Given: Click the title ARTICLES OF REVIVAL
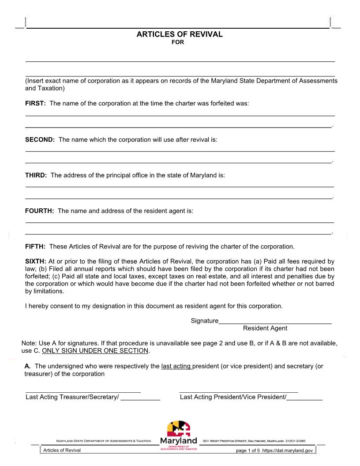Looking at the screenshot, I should [x=180, y=34].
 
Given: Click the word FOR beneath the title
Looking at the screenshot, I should [x=178, y=42].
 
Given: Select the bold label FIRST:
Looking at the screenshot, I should [x=35, y=103].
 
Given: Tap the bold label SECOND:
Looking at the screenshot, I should [x=40, y=139].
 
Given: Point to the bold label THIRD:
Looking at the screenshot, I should [x=36, y=175].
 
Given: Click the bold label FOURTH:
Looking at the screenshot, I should [x=39, y=211].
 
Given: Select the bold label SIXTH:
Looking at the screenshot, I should [x=35, y=261].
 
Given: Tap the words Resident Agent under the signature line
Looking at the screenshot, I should [x=265, y=328].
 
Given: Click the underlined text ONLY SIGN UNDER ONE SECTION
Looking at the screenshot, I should [x=95, y=351].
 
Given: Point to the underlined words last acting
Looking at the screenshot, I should [x=176, y=366].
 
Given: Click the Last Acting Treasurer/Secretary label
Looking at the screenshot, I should [x=72, y=397].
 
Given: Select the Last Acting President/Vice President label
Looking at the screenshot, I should [x=233, y=397].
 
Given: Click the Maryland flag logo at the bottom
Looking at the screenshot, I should [x=179, y=428].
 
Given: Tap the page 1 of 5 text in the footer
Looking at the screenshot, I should [x=248, y=451].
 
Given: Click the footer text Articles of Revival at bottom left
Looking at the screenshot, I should [x=62, y=450].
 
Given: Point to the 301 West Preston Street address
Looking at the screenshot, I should [x=254, y=441].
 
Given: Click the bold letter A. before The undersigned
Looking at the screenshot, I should [x=27, y=366].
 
